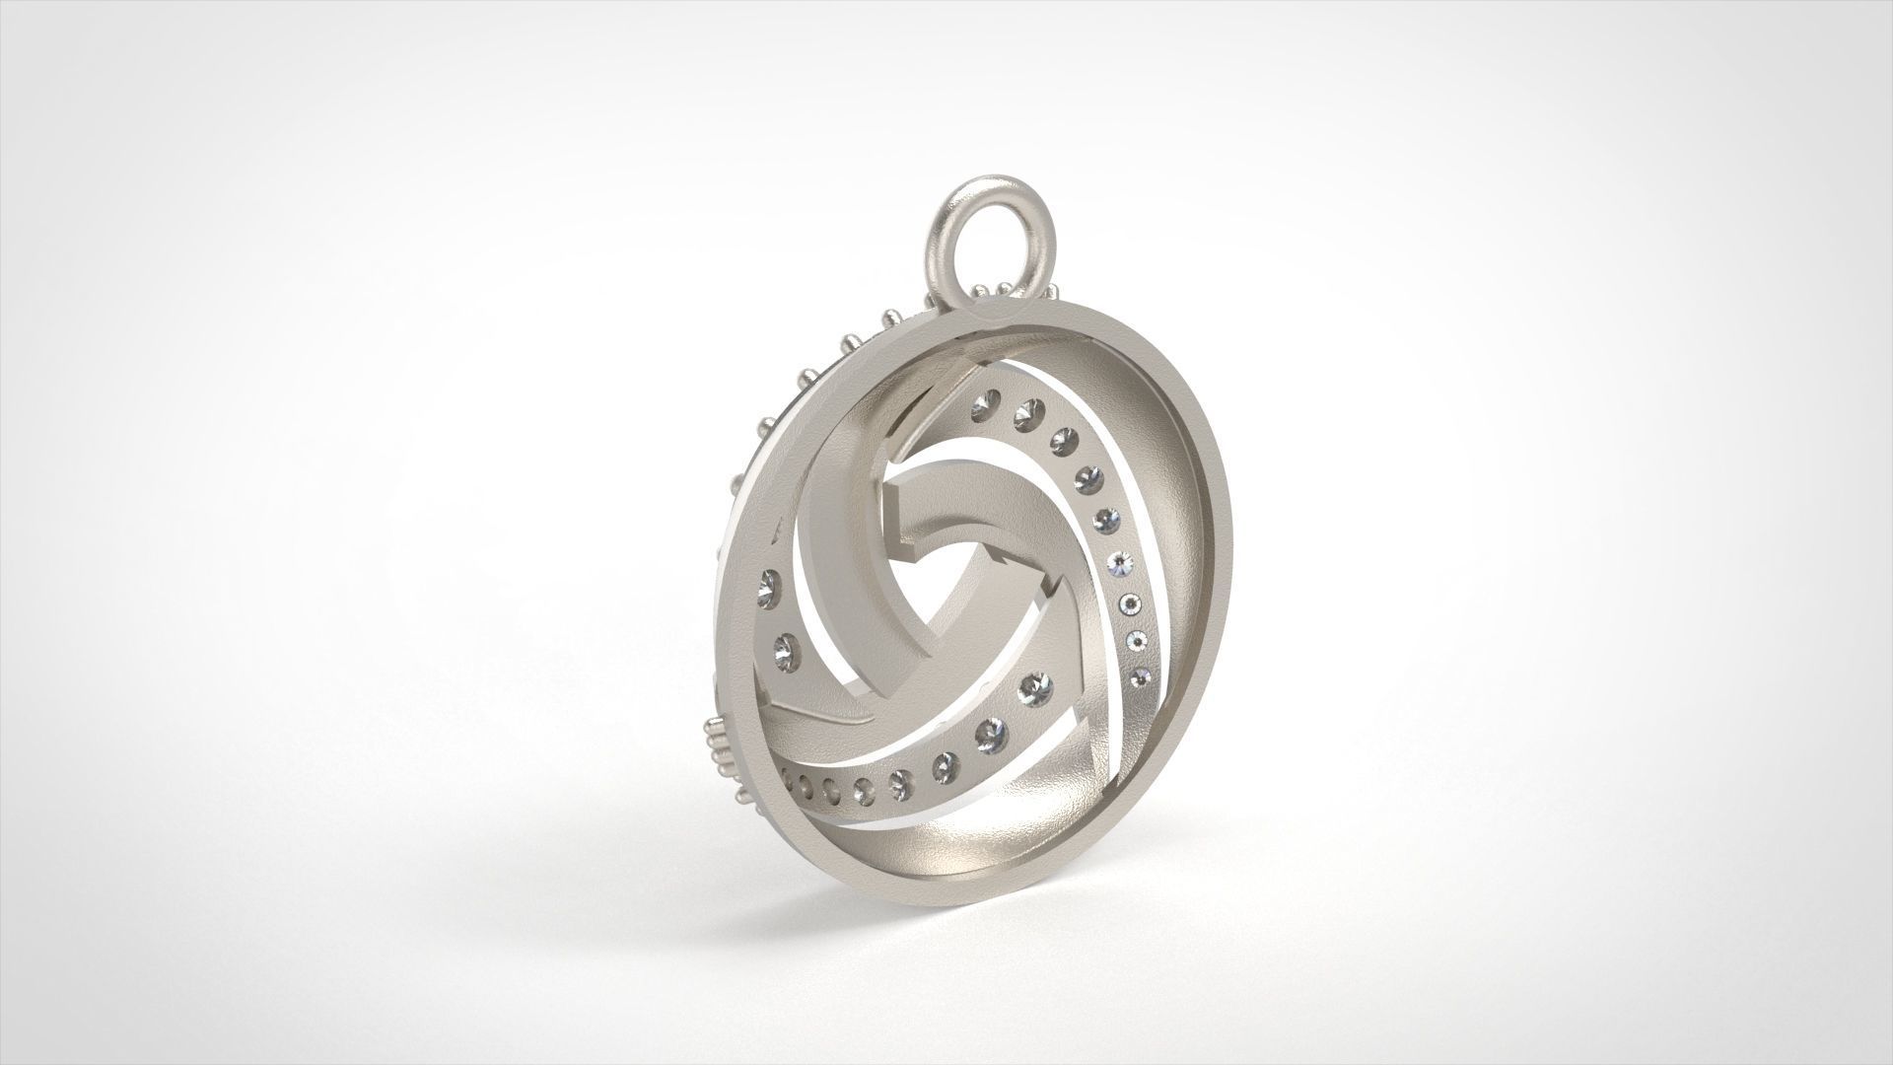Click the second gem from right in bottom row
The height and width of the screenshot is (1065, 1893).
pos(989,732)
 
